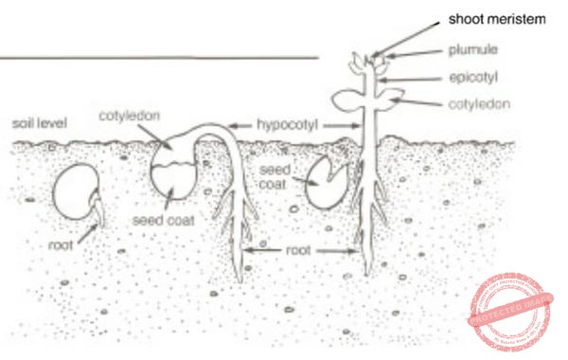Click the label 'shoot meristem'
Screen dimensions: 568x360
click(x=497, y=19)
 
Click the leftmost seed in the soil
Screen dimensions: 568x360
click(x=75, y=192)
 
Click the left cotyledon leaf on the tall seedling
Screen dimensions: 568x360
click(x=349, y=99)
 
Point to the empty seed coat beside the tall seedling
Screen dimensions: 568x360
click(x=328, y=172)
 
